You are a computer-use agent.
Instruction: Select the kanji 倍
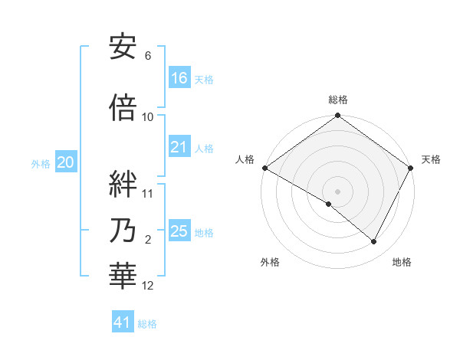pos(123,108)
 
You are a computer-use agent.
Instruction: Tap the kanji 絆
pos(123,185)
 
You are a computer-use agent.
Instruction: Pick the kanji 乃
pos(123,232)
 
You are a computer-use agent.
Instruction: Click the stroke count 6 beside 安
pos(148,56)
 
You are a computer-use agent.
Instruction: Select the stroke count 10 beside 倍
pos(148,117)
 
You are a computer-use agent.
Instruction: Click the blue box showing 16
pos(179,78)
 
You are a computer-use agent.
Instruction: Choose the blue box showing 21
pos(179,148)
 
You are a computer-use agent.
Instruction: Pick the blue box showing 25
pos(179,231)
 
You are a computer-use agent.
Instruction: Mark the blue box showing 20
pos(66,162)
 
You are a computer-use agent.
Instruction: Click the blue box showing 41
pos(123,323)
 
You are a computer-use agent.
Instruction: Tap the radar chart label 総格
pos(337,100)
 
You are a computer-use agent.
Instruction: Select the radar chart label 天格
pos(431,159)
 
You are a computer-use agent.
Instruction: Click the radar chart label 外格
pos(270,263)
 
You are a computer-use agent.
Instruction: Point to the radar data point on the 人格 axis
pos(264,168)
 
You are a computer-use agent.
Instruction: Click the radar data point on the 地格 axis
pos(374,241)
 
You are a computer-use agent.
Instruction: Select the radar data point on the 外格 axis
pos(329,204)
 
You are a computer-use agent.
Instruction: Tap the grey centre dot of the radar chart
pos(337,191)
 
